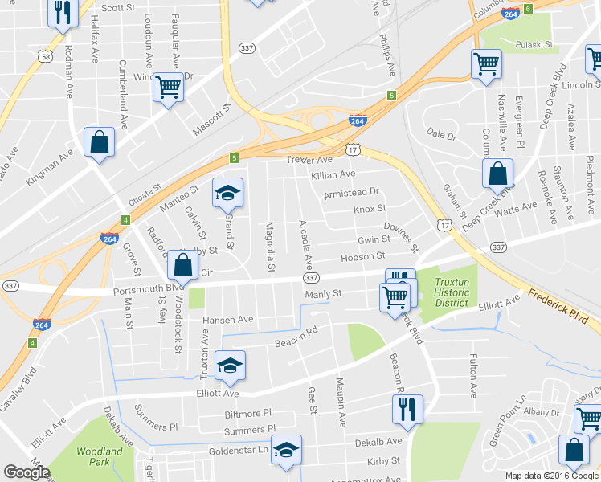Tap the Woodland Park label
[x=99, y=457]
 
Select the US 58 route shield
[x=46, y=56]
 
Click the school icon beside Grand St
[x=227, y=193]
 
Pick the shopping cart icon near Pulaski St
[x=486, y=63]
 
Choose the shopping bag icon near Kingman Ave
[x=99, y=143]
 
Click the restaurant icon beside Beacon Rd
[x=407, y=408]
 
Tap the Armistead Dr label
[x=350, y=194]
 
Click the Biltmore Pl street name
[x=249, y=413]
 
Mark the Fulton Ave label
[x=472, y=376]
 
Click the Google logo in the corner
[x=27, y=472]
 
